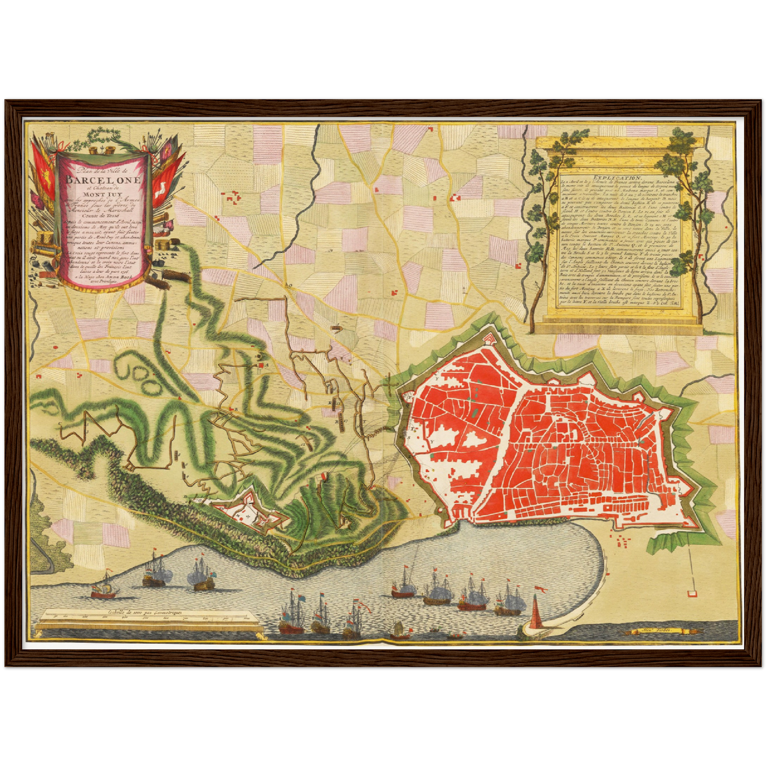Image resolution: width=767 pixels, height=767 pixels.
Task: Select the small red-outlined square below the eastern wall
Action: tap(692, 594)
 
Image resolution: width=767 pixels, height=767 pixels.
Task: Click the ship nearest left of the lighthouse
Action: tap(507, 600)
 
